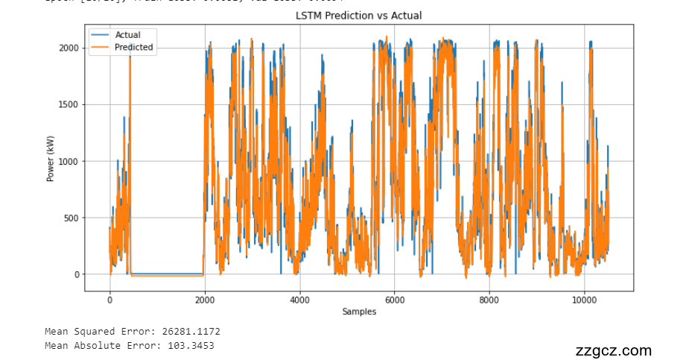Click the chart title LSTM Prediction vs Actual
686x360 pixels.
point(358,16)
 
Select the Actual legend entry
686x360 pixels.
point(127,34)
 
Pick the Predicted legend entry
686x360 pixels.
point(134,47)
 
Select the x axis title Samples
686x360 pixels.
point(359,311)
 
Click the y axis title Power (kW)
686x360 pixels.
point(51,161)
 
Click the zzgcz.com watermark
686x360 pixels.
point(613,350)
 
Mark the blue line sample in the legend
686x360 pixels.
point(101,34)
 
